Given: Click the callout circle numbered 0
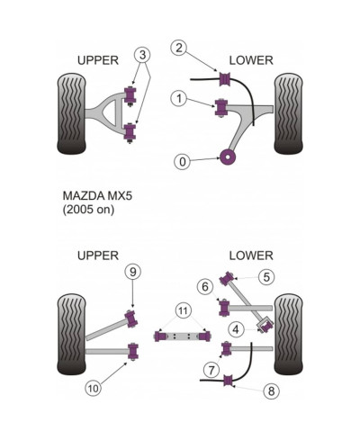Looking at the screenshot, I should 184,162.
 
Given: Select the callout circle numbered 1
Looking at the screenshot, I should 180,97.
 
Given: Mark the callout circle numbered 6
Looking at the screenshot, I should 205,287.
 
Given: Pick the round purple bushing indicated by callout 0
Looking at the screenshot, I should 228,158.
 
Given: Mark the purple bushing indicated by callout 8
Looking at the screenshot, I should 227,383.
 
